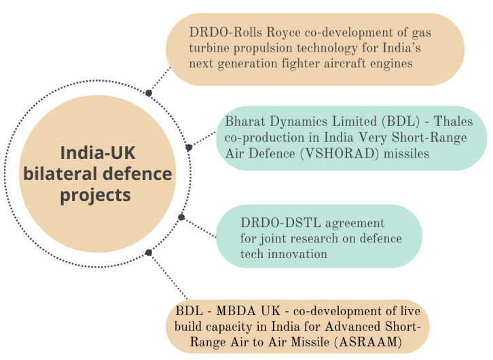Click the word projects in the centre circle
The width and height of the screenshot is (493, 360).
(x=95, y=196)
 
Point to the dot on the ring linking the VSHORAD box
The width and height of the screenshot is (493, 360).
(x=188, y=147)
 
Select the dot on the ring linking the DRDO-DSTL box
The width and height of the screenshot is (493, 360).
(x=181, y=217)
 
